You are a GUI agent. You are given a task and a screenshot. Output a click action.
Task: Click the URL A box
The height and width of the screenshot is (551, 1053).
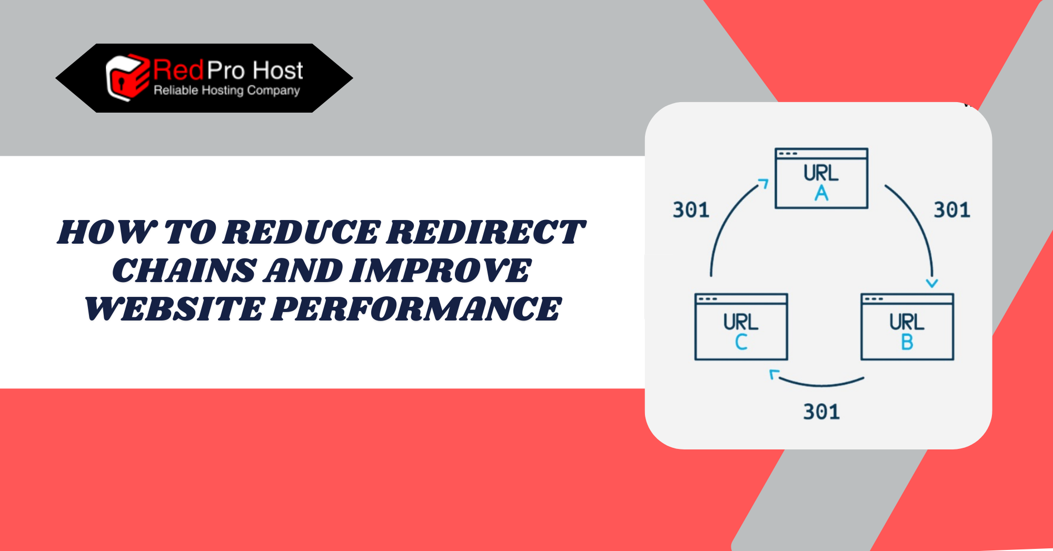[x=821, y=178]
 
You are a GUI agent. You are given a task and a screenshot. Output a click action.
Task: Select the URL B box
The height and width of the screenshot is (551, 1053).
[x=907, y=327]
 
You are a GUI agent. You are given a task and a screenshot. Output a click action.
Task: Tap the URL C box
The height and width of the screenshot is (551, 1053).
[x=741, y=327]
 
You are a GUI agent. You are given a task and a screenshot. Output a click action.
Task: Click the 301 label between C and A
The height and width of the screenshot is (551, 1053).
[x=691, y=210]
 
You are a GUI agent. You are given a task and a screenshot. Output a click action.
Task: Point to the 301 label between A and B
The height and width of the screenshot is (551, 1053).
[x=952, y=210]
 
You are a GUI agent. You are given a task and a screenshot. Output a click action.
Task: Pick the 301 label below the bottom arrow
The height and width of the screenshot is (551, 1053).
[x=821, y=412]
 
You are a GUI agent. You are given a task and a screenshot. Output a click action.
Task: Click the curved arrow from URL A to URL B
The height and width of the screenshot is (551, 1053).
[x=919, y=221]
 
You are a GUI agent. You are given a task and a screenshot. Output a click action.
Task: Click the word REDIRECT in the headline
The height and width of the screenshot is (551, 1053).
[x=485, y=232]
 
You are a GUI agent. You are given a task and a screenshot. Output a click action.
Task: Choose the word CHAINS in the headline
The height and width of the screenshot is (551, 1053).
[x=185, y=271]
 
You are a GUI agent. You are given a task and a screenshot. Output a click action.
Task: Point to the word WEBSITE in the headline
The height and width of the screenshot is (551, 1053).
[x=173, y=309]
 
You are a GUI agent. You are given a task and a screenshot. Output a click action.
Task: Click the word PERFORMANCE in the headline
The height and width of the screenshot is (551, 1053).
[x=416, y=309]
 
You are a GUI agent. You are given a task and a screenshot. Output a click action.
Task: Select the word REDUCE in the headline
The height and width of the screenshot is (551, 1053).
[x=301, y=232]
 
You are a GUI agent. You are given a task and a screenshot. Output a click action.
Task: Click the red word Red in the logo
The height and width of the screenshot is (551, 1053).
[x=178, y=70]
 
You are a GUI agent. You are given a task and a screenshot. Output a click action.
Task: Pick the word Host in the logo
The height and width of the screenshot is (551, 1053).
[x=277, y=70]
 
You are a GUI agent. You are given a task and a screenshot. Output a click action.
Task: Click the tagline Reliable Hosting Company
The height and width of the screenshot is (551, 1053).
[x=227, y=91]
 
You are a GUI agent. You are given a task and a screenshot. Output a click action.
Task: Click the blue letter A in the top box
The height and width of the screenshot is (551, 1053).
[x=821, y=194]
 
